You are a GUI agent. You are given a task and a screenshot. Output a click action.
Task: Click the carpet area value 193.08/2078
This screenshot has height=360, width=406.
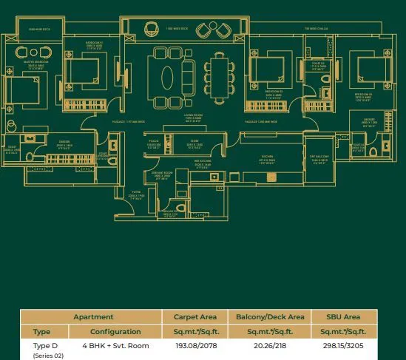195,345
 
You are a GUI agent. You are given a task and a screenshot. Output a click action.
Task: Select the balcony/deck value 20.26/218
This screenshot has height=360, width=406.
269,345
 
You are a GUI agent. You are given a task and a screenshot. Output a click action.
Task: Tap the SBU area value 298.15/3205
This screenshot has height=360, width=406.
343,345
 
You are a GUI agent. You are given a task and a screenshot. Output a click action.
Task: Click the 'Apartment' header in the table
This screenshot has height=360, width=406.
93,316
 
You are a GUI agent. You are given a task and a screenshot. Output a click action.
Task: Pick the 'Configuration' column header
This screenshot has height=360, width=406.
115,331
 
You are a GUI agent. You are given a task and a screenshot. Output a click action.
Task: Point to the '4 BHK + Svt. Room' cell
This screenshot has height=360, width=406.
115,345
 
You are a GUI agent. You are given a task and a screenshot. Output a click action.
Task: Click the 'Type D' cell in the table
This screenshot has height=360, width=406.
45,345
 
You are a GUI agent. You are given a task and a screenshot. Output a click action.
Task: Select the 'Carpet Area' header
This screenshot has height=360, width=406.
195,316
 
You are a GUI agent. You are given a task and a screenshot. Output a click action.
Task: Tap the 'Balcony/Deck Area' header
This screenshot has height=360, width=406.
269,316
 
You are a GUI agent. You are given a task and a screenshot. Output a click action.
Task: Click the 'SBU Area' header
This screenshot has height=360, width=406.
343,316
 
